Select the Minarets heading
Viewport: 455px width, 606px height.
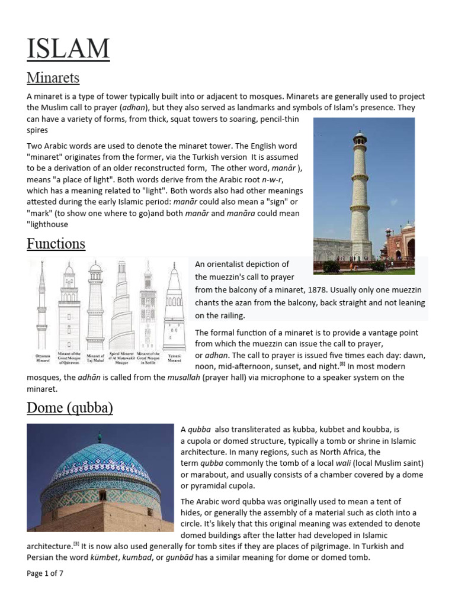[x=53, y=78]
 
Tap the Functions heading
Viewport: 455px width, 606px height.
[x=56, y=243]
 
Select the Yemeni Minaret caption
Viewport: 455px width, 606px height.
[x=174, y=357]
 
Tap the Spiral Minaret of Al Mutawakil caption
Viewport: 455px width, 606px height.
[x=121, y=357]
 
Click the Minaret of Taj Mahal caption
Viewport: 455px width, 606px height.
[x=95, y=357]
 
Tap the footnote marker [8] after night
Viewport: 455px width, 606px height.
[x=342, y=364]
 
